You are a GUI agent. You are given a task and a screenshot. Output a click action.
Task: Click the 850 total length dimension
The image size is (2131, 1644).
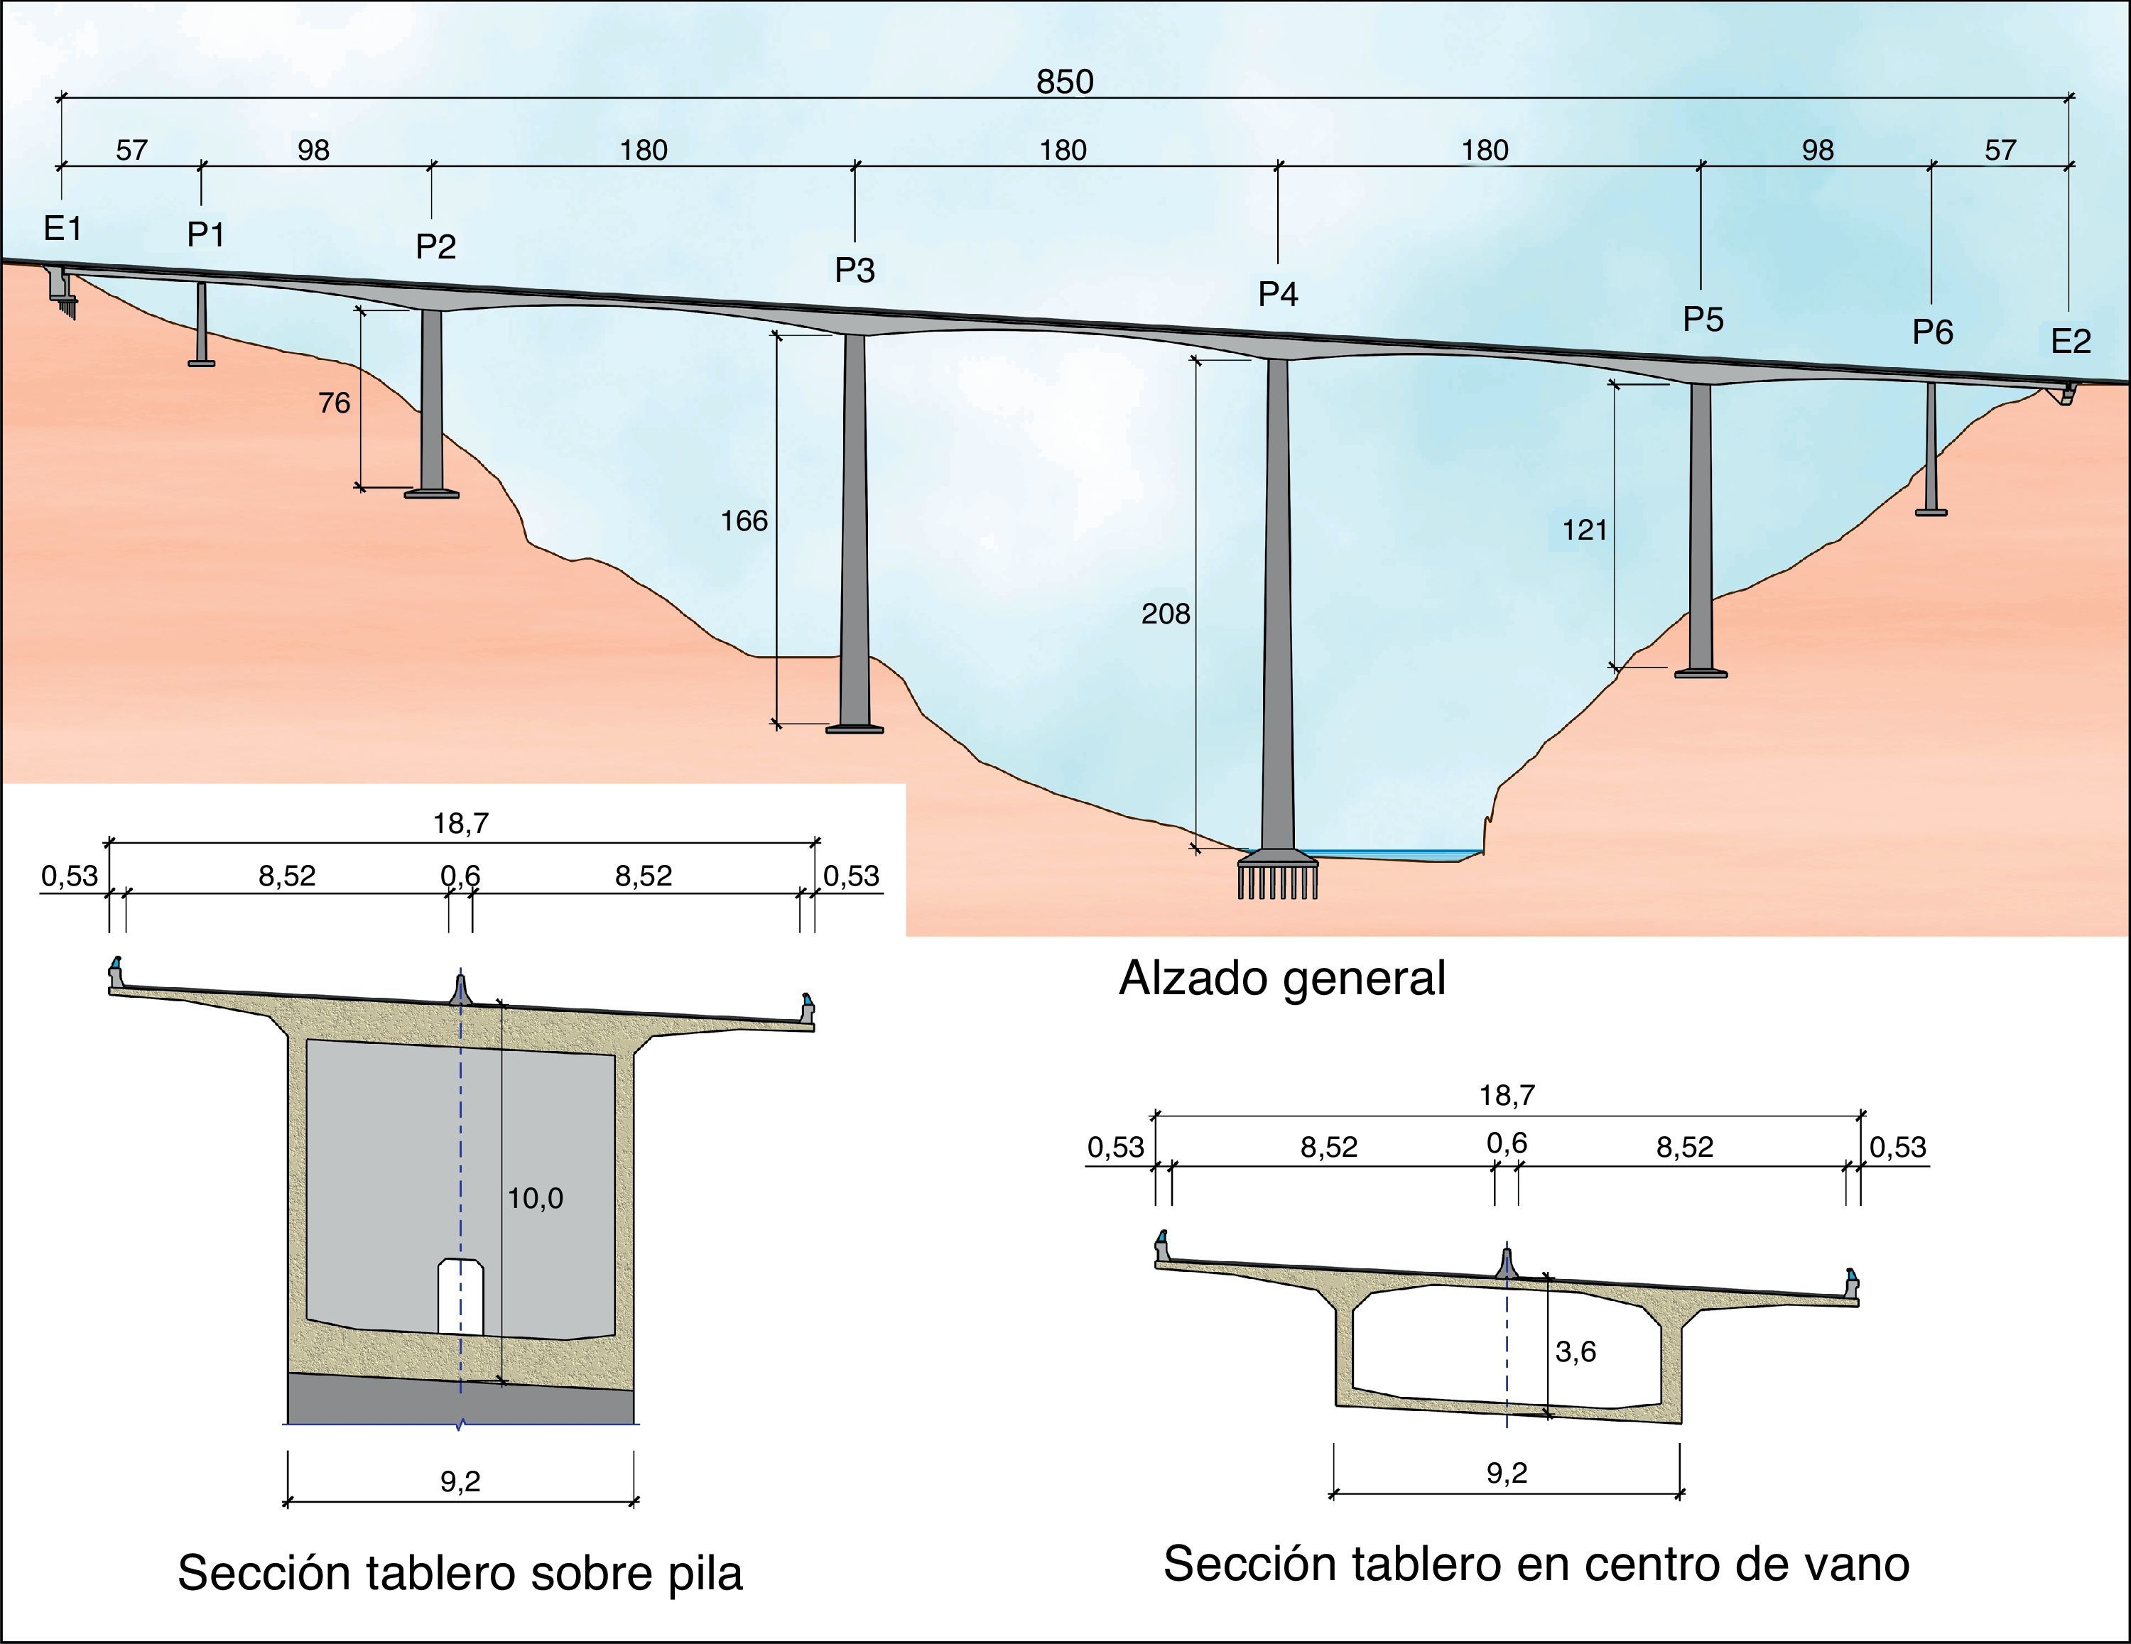tap(1065, 82)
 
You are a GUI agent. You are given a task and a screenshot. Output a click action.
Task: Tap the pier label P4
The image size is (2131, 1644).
tap(1278, 294)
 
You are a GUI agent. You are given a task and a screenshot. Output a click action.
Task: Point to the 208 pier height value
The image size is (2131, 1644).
tap(1166, 614)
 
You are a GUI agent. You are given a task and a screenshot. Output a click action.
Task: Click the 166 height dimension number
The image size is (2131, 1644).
tap(744, 521)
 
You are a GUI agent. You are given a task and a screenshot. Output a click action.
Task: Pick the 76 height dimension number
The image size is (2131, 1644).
tap(334, 403)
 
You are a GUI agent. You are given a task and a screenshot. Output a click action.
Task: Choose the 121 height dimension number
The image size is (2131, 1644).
tap(1585, 530)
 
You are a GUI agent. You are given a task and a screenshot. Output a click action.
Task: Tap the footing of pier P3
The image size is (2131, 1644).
tap(855, 728)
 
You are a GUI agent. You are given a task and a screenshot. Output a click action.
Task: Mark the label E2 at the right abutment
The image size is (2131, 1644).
tap(2071, 342)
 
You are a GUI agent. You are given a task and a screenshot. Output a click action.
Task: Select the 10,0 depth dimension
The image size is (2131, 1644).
tap(535, 1198)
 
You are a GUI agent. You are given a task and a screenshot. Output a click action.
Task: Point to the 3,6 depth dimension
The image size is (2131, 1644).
tap(1575, 1351)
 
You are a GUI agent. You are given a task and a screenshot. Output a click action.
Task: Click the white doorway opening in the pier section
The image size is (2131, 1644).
tap(460, 1297)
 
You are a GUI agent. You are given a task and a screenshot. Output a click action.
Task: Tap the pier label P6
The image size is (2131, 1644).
tap(1932, 332)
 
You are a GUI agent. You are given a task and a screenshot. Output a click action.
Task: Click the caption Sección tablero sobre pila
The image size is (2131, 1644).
tap(460, 1573)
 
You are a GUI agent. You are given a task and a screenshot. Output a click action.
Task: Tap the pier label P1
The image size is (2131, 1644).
tap(206, 234)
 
